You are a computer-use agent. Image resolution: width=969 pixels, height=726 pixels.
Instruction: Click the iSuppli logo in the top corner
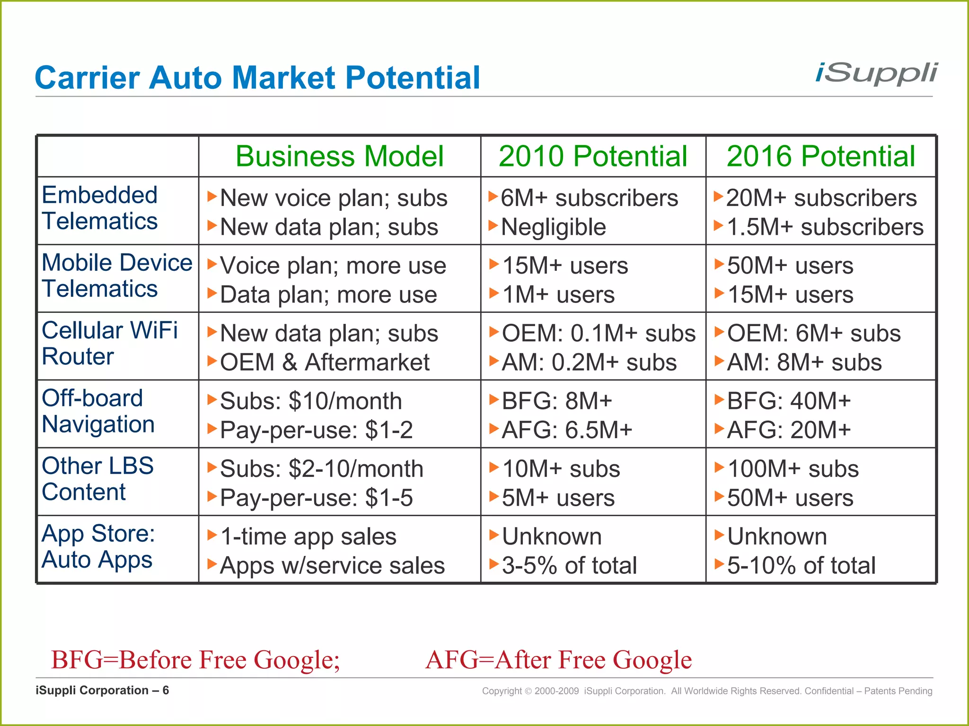[876, 74]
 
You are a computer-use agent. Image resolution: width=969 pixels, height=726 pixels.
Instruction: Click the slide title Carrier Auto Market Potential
[257, 78]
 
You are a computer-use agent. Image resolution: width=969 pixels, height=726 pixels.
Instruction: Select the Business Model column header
[339, 156]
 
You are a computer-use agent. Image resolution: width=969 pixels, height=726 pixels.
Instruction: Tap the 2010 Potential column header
[593, 156]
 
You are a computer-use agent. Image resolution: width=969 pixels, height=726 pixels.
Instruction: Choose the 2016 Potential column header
[821, 156]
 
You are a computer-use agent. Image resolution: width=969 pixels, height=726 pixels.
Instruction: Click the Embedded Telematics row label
[100, 208]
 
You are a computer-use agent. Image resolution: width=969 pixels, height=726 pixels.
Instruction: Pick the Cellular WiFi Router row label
[110, 343]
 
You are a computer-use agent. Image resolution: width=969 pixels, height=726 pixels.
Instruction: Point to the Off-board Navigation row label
[98, 411]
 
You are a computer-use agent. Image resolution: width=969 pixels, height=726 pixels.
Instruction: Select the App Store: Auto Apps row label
[98, 546]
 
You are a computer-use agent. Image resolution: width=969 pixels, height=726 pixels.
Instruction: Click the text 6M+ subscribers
[589, 198]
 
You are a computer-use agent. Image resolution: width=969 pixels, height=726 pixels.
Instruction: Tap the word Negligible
[553, 227]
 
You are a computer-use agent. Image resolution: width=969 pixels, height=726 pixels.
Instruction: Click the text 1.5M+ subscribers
[825, 227]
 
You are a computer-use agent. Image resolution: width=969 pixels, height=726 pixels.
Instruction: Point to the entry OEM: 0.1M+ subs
[599, 334]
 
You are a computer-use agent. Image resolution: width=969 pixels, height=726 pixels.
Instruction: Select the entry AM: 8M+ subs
[804, 363]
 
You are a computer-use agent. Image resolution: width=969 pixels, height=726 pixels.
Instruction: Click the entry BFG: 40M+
[789, 401]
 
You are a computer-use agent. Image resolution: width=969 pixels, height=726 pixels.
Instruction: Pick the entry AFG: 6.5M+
[567, 430]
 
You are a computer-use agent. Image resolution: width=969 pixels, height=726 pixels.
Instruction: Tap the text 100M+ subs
[793, 469]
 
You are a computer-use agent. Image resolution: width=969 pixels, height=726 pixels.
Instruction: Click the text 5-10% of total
[801, 566]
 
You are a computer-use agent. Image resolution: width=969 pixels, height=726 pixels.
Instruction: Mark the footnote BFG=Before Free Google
[195, 660]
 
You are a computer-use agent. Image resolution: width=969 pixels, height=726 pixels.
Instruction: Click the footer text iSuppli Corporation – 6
[102, 691]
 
